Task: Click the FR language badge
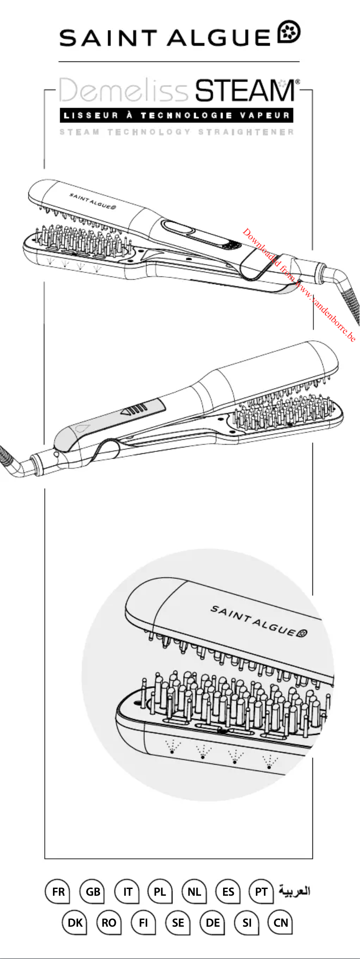point(57,891)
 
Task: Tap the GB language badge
point(92,891)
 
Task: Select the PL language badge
point(160,891)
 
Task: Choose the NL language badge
point(194,891)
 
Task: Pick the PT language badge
point(261,891)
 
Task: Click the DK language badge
point(75,923)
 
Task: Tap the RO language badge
point(109,923)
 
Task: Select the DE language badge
point(212,923)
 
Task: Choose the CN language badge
point(281,923)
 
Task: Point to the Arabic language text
point(294,890)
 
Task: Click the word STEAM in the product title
point(245,91)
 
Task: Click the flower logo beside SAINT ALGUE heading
point(290,32)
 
